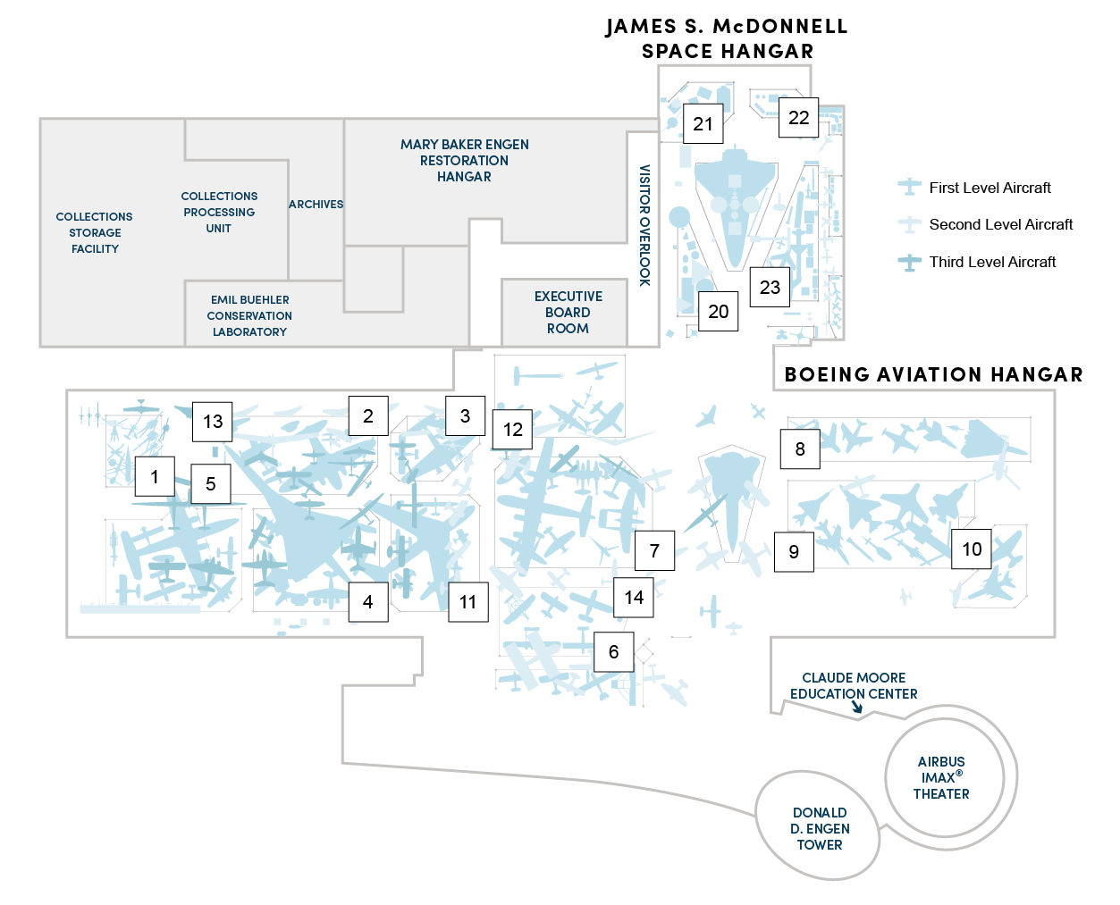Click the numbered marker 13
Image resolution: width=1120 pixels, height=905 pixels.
212,422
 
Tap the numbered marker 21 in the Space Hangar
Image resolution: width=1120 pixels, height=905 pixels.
703,123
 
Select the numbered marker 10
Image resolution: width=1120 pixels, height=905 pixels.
971,549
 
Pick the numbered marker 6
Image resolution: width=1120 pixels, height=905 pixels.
613,651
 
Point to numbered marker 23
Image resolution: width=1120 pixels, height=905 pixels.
770,287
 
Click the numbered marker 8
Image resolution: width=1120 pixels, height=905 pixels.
799,448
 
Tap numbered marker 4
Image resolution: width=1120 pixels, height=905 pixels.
368,602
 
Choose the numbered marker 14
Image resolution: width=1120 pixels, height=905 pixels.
633,597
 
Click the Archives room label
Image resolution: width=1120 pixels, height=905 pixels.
316,204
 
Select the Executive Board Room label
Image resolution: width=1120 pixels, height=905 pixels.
568,312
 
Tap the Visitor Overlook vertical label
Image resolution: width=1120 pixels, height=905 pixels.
644,225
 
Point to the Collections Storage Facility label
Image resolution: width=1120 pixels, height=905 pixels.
94,232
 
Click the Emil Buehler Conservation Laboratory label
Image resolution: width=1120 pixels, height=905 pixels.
249,315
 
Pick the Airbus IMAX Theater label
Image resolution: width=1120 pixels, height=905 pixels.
940,777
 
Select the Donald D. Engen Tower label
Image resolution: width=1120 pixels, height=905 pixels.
820,829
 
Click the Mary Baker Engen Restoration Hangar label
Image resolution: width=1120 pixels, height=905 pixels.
464,160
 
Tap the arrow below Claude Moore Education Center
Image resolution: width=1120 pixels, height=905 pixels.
856,707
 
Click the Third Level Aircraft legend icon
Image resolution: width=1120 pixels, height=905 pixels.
909,262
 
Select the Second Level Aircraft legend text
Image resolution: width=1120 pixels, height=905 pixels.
1000,224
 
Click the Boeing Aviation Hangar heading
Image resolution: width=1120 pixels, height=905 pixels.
933,374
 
